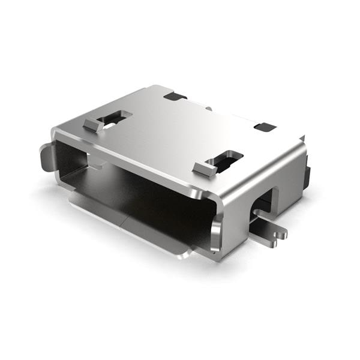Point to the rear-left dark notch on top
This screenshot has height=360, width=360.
point(175,96)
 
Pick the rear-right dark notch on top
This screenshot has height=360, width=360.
point(265,127)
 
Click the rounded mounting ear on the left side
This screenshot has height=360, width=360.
point(46,157)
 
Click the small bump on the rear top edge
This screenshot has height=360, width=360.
point(207,109)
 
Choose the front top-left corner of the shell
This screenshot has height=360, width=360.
point(56,130)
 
